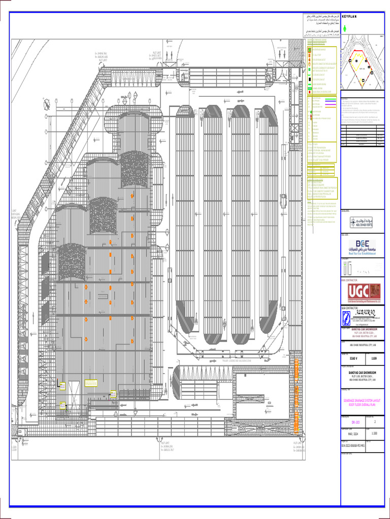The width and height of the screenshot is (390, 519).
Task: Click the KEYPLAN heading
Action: (x=350, y=17)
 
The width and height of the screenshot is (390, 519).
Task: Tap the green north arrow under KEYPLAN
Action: (x=345, y=29)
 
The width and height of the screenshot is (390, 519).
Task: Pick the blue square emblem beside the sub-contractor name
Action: (x=346, y=318)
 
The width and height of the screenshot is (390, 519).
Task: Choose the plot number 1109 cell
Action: (x=374, y=358)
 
